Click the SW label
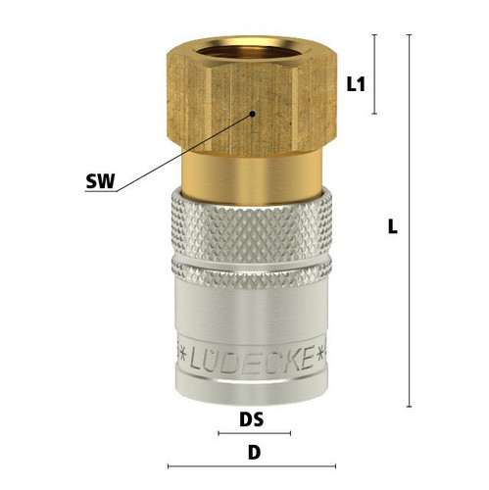point(101,181)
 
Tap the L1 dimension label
point(356,85)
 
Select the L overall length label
point(393,226)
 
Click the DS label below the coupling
point(252,419)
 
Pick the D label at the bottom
point(255,453)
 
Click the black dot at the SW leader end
point(252,114)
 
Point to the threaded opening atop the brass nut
point(251,52)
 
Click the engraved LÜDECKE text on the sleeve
point(251,360)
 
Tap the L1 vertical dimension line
point(375,74)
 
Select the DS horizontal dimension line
point(255,433)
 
